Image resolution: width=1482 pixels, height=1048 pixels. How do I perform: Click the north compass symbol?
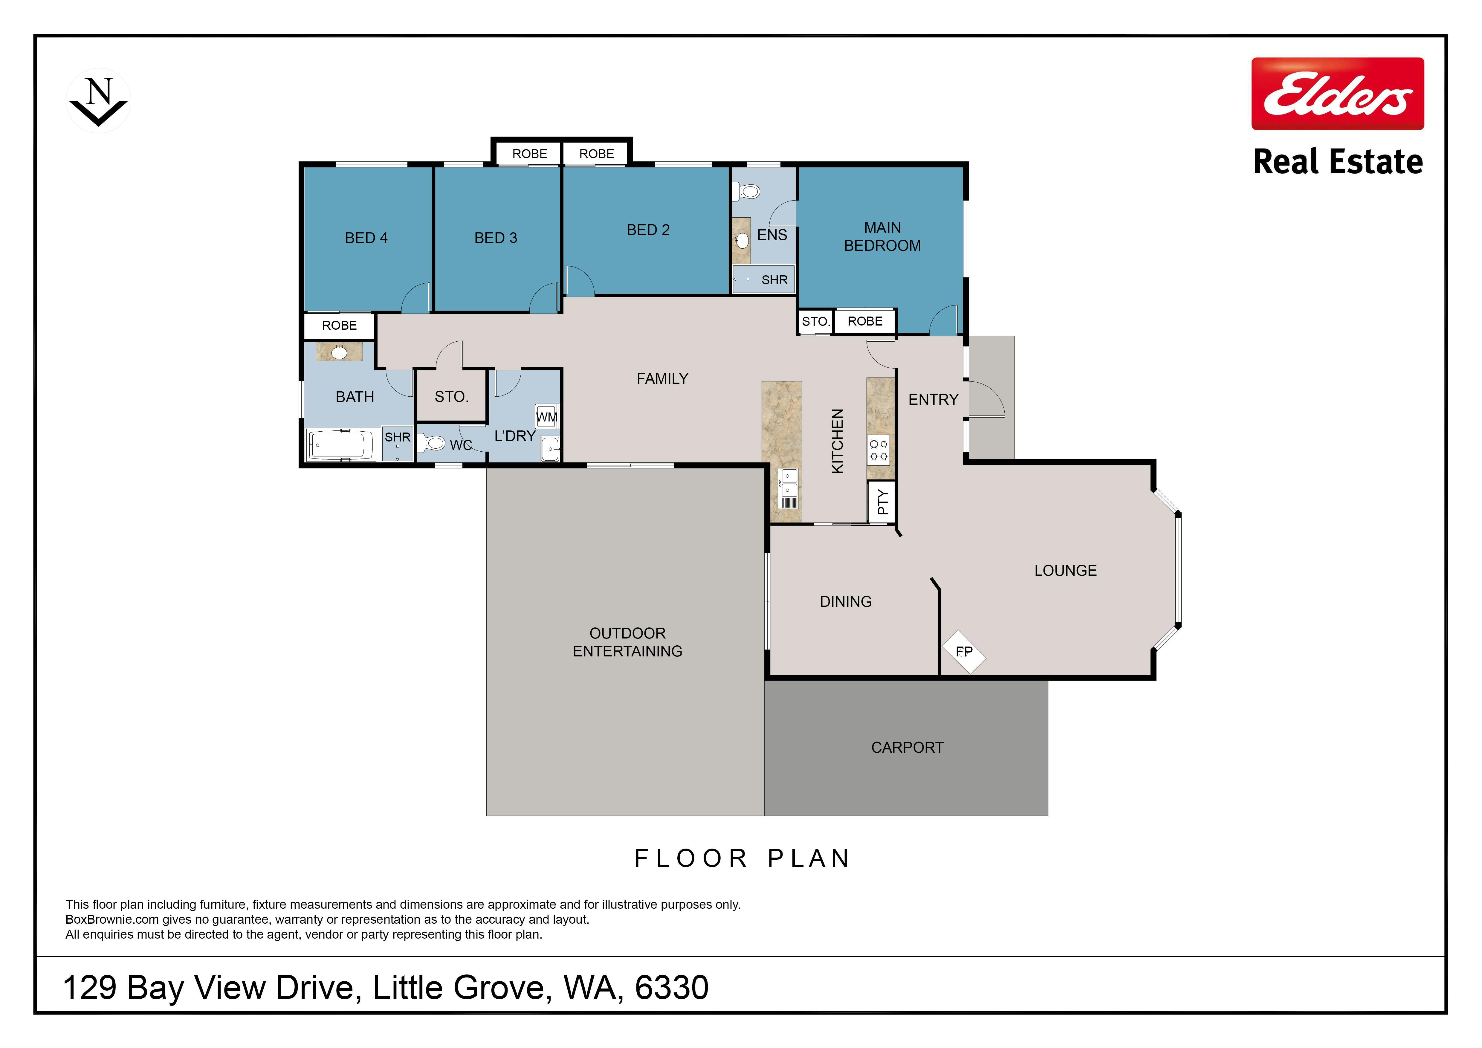coord(99,101)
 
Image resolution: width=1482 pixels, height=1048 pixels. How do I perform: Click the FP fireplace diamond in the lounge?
coord(964,652)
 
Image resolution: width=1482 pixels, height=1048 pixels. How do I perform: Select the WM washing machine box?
coord(547,416)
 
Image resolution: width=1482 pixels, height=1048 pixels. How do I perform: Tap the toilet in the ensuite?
coord(746,191)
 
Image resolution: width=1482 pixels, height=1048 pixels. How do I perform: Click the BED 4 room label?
coord(366,238)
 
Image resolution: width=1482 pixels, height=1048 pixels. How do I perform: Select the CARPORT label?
coord(907,747)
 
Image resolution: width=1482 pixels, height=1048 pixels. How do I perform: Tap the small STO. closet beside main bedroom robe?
coord(815,321)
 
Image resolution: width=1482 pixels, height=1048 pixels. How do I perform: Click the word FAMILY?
coord(662,379)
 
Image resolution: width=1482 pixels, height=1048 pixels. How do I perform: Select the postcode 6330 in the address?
coord(672,987)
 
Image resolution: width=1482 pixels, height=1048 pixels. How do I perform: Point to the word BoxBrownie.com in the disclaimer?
coord(112,919)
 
